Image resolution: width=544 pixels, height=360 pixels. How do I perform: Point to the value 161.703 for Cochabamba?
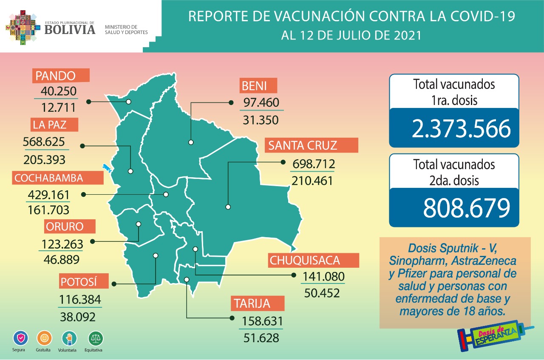coord(48,210)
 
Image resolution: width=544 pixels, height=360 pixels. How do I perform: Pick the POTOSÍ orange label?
coord(79,282)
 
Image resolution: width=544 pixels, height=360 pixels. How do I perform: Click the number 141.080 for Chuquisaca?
coord(323,277)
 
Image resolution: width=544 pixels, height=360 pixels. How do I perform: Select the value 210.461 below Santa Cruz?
coord(312,181)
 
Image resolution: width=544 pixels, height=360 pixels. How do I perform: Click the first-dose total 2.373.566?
coord(461,129)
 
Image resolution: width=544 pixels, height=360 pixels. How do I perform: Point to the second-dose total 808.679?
coord(466,207)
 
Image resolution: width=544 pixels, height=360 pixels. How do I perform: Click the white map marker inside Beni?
coord(191,142)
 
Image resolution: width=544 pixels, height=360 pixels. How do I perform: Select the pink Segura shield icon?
coord(20,338)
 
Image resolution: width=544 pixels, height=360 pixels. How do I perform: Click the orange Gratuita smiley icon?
coord(44,338)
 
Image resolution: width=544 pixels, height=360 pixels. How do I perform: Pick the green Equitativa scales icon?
coord(95,338)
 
